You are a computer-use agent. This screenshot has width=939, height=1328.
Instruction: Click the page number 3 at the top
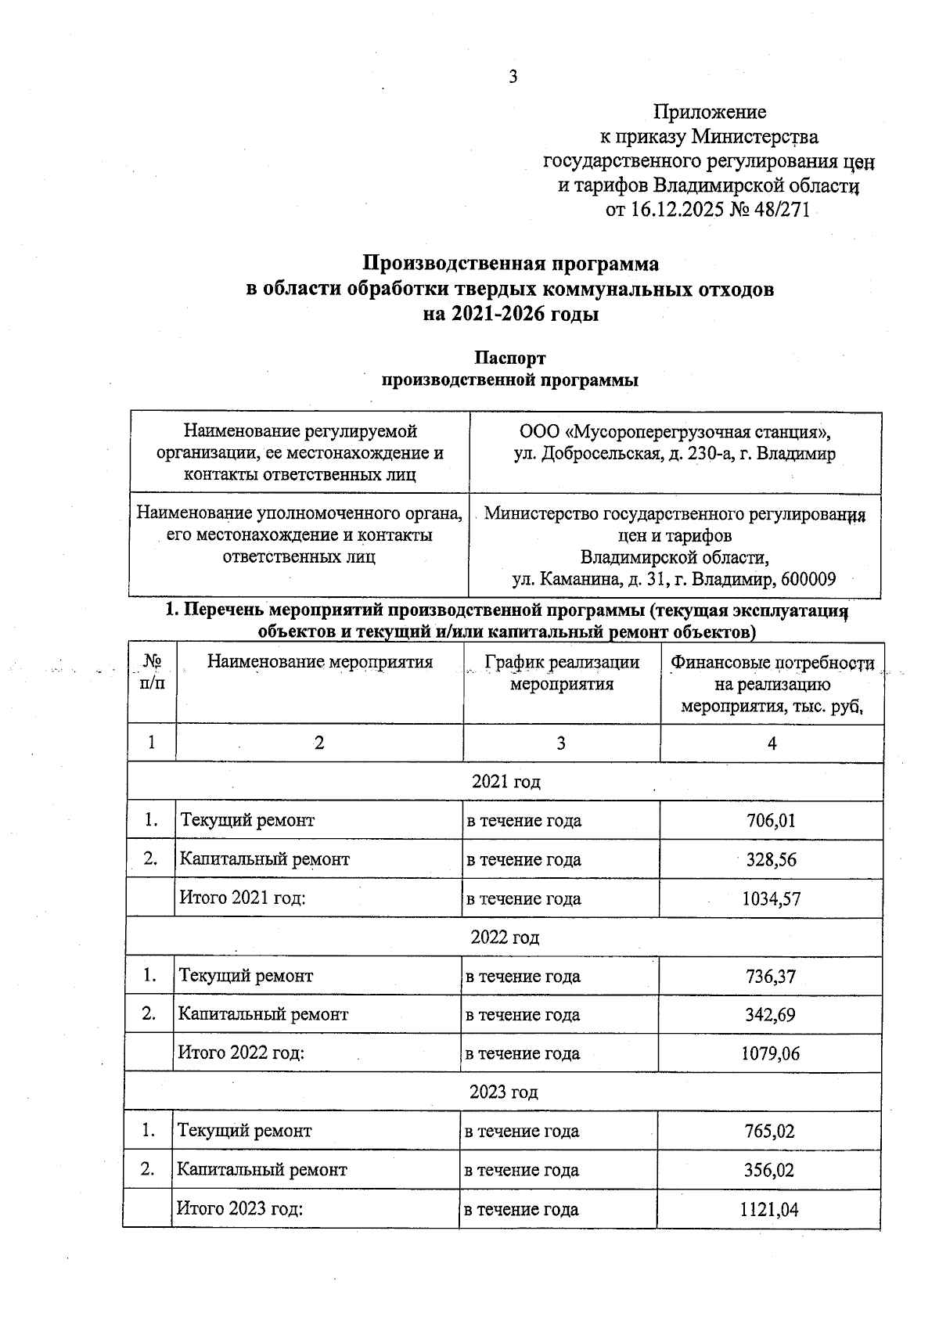coord(513,77)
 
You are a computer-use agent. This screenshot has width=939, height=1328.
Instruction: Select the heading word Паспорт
coord(509,358)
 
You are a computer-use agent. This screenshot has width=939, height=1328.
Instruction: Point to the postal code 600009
coord(808,579)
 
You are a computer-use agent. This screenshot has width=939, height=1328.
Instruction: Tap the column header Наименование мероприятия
coord(319,662)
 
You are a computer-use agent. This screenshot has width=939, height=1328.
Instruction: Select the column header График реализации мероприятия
coord(561,673)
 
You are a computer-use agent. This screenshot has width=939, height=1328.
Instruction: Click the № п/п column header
coord(153,672)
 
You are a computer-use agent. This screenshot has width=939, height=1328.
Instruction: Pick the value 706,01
coord(771,820)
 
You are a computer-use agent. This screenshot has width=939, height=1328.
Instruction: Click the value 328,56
coord(771,859)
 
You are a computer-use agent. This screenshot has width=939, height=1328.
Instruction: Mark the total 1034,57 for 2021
coord(771,898)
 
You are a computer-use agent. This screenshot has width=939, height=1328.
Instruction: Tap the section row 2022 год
coord(505,937)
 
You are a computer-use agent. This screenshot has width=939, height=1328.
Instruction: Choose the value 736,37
coord(770,976)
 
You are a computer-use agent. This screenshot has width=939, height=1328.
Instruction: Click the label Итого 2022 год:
coord(242,1053)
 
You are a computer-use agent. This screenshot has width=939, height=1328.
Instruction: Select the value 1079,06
coord(770,1053)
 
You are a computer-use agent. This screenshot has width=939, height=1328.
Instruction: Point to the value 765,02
coord(769,1131)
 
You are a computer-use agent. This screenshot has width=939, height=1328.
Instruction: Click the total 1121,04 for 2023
coord(768,1209)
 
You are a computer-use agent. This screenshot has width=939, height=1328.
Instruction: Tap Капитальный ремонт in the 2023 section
coord(262,1170)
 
